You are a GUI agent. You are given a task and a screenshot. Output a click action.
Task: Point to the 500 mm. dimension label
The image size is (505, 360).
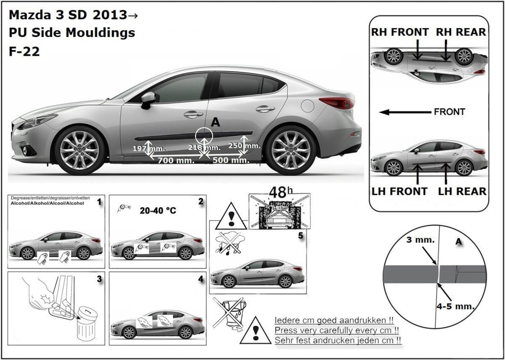230,160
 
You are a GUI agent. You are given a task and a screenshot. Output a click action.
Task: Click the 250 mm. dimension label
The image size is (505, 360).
245,145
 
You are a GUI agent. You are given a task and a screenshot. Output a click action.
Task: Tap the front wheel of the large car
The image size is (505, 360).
80,149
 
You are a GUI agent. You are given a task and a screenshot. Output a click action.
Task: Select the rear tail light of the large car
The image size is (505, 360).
336,102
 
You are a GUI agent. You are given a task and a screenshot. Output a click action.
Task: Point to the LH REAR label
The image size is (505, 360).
462,191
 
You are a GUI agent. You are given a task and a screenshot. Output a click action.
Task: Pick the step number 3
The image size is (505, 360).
98,279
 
